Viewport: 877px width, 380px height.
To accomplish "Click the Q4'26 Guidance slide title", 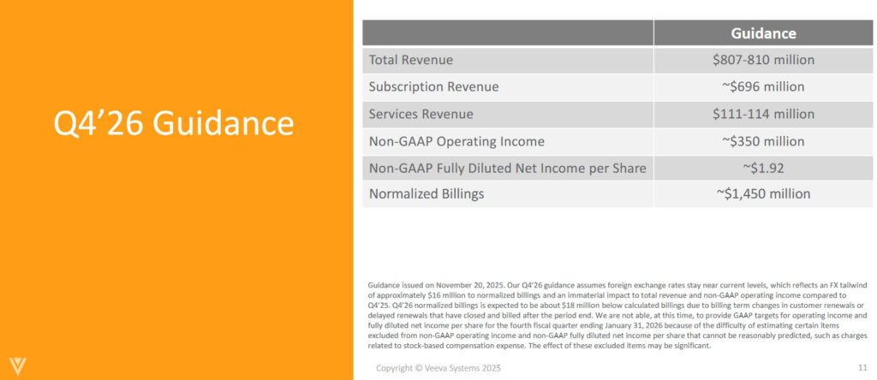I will (175, 125).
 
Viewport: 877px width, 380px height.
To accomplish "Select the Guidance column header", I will (763, 33).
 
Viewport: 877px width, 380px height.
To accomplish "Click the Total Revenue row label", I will (411, 60).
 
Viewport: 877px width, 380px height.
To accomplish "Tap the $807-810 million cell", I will (763, 60).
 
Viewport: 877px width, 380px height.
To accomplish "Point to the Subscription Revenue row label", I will (433, 86).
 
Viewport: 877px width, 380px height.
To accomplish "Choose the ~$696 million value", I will (763, 86).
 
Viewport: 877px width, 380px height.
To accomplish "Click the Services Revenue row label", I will (421, 114).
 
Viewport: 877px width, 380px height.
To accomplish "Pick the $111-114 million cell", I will (763, 114).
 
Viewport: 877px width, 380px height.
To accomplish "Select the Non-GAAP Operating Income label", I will (456, 141).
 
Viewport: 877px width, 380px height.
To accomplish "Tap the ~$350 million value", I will (763, 141).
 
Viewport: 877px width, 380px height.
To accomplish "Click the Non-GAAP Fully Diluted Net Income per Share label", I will (507, 168).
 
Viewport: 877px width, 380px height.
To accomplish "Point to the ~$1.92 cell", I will (763, 168).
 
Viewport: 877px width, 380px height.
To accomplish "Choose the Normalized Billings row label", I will (427, 193).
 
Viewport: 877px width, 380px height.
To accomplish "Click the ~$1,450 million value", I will (763, 193).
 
